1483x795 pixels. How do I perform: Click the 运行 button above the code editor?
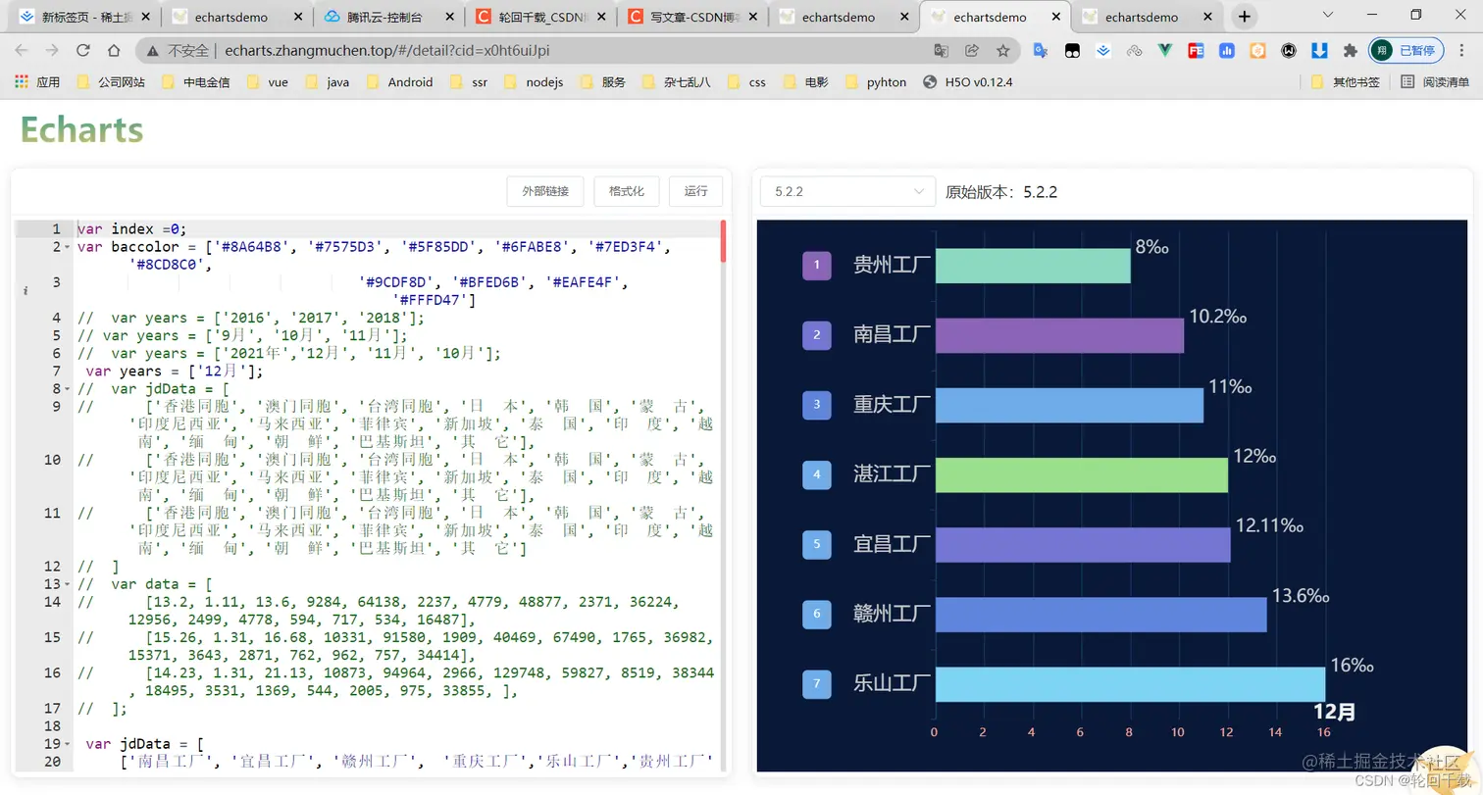(x=695, y=191)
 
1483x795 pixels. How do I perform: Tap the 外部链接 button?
(x=545, y=191)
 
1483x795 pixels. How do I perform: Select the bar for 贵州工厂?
(x=1033, y=266)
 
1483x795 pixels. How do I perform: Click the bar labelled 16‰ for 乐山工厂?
(x=1130, y=684)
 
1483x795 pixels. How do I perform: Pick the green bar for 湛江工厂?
(x=1081, y=475)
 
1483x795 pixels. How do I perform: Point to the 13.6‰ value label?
(x=1300, y=595)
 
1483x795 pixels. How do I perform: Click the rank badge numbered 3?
(x=817, y=405)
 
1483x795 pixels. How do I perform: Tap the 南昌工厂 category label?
(x=891, y=335)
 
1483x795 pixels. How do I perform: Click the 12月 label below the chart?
(x=1334, y=712)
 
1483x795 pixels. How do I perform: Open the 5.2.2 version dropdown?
(x=847, y=191)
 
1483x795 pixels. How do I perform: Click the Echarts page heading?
(x=82, y=129)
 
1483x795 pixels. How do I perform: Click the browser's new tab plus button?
(x=1244, y=17)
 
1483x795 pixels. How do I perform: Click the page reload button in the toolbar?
(x=83, y=51)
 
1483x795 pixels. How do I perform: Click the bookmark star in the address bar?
(x=1002, y=51)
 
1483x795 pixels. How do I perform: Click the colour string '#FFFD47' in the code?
(x=431, y=300)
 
